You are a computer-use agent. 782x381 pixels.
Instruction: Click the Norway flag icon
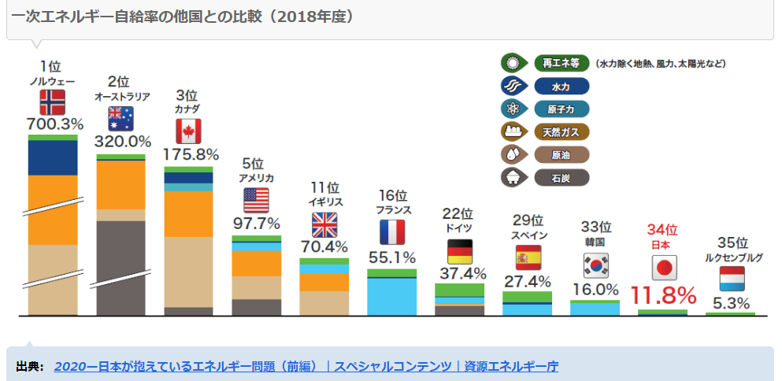click(52, 102)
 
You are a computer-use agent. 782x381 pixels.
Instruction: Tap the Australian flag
click(120, 118)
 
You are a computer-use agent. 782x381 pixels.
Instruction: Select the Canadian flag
click(188, 131)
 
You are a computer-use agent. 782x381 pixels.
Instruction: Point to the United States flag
click(256, 200)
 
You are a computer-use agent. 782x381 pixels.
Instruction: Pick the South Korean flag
click(595, 266)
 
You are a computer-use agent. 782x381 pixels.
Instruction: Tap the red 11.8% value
click(663, 296)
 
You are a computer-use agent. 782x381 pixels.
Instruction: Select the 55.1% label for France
click(391, 257)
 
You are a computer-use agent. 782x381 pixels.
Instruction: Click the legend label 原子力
click(561, 109)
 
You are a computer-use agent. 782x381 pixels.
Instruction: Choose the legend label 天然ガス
click(561, 131)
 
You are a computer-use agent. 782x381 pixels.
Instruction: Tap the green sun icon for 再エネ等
click(514, 64)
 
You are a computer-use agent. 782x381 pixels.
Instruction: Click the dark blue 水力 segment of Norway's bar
click(52, 157)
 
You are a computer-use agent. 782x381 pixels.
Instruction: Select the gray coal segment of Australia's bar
click(120, 268)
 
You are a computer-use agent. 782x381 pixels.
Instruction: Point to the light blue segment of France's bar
click(391, 296)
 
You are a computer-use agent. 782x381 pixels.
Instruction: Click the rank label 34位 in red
click(662, 230)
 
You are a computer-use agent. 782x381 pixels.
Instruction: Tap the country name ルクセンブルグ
click(731, 257)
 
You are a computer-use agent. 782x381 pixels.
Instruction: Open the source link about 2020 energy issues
click(306, 366)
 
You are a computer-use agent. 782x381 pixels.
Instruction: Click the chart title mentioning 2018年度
click(182, 17)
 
